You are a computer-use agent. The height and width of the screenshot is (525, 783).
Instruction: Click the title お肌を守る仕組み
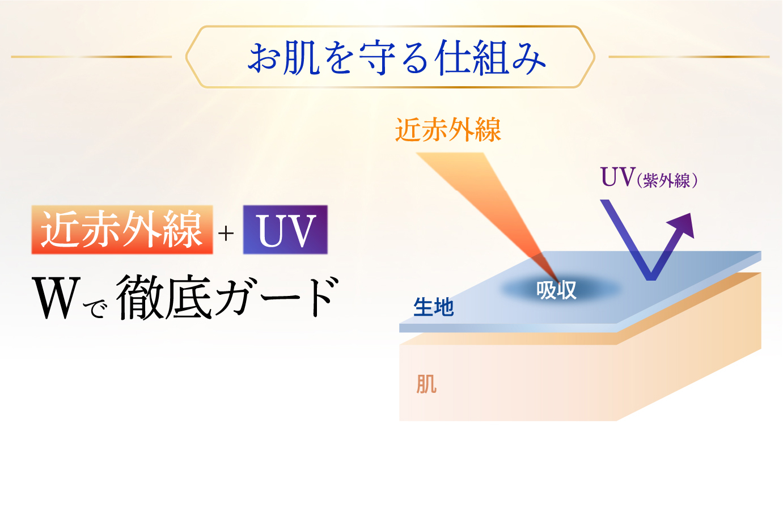coord(396,58)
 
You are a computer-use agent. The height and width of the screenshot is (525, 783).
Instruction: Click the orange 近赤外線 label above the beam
coord(448,130)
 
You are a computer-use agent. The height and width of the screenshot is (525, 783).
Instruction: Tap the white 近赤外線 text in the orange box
coord(122,229)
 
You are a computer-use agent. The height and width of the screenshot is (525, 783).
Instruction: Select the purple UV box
coord(285,230)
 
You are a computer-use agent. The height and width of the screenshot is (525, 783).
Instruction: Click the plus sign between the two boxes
coord(226,234)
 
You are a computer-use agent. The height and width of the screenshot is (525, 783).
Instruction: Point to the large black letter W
coord(56,298)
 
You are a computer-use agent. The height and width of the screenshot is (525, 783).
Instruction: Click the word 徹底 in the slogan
coord(164,297)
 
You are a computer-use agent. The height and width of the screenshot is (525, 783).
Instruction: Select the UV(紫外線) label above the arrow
coord(649,178)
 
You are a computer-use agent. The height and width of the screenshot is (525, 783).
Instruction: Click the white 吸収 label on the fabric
coord(556,290)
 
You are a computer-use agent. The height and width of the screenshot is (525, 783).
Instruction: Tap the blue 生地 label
coord(433,307)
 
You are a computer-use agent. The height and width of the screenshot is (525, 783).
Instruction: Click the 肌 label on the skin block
coord(426,384)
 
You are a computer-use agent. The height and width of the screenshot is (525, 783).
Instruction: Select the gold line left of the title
coord(92,57)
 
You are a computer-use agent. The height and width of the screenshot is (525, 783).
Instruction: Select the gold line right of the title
coord(689,57)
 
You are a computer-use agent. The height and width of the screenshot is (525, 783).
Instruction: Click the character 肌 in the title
coord(301,58)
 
